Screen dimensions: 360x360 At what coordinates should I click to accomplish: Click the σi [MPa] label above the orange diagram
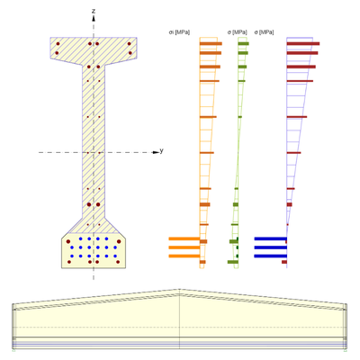point(178,32)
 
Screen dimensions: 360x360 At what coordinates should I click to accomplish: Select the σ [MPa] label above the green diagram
point(238,32)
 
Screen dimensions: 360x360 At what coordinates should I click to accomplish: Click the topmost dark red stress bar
point(302,43)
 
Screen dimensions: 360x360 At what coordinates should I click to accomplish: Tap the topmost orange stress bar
point(211,43)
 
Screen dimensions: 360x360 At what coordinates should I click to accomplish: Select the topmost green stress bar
point(243,43)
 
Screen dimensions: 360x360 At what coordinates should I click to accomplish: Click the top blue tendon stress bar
point(270,238)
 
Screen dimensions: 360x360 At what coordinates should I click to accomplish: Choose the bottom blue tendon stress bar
point(270,256)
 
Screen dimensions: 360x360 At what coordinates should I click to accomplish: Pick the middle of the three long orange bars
point(184,247)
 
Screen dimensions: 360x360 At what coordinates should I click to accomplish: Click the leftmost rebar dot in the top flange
point(58,43)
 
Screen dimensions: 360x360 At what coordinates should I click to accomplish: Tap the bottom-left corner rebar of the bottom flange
point(68,262)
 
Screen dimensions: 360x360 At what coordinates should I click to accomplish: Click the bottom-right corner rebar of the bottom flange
point(119,262)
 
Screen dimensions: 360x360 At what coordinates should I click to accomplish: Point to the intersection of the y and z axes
point(94,151)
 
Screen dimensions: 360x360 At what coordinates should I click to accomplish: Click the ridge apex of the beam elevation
point(180,290)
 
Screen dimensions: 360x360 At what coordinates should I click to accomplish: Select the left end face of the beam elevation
point(13,324)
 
